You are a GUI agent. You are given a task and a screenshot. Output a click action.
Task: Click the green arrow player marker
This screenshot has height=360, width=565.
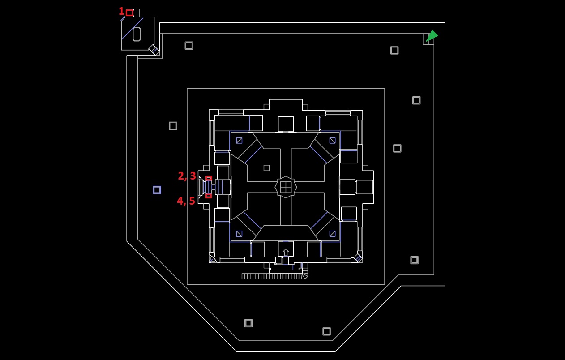432,35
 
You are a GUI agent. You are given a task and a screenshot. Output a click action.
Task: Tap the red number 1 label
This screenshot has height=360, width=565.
121,11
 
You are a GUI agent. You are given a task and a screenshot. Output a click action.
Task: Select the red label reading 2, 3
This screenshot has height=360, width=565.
187,176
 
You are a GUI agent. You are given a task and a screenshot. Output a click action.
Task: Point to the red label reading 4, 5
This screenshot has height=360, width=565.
186,201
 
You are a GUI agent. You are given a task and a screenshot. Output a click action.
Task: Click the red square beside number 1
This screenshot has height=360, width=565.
130,13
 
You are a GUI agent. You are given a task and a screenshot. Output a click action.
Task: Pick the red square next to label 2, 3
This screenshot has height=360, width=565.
209,178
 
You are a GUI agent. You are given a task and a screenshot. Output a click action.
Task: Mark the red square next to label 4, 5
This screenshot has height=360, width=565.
209,196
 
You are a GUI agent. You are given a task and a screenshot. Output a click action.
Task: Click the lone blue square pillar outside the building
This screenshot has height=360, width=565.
157,190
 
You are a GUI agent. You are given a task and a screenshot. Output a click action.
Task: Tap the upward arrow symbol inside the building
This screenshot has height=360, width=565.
286,252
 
